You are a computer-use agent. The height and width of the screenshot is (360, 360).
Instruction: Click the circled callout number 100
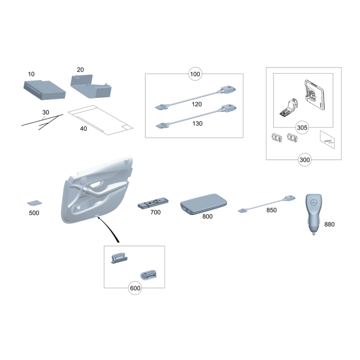(195, 74)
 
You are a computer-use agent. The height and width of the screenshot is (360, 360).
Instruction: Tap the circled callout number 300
(305, 160)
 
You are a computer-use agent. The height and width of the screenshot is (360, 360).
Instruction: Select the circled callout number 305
(302, 127)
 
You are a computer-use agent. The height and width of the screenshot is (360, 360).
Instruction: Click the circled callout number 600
(135, 288)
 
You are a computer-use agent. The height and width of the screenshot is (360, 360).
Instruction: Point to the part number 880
(329, 224)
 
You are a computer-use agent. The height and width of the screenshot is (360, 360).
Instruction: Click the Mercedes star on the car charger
(314, 202)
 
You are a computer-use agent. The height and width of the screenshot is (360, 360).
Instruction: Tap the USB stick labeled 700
(153, 203)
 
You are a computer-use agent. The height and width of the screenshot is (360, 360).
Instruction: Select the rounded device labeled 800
(203, 204)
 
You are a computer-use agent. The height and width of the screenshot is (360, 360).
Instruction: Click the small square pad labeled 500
(35, 203)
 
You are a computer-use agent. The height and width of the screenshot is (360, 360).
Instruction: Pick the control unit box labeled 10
(44, 90)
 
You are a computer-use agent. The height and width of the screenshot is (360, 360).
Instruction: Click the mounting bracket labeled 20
(91, 86)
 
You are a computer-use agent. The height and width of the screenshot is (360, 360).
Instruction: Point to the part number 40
(83, 129)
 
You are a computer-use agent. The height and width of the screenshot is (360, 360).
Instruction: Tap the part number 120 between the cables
(197, 104)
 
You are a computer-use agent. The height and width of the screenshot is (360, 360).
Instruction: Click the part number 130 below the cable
(198, 123)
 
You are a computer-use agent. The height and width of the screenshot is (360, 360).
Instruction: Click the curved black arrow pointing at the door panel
(110, 228)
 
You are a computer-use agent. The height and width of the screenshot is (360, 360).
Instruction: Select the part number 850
(271, 210)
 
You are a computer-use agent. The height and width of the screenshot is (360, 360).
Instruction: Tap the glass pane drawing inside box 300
(328, 139)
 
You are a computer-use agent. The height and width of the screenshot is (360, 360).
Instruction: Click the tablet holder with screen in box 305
(314, 94)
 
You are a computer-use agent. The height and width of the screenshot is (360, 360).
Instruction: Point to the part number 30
(46, 112)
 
